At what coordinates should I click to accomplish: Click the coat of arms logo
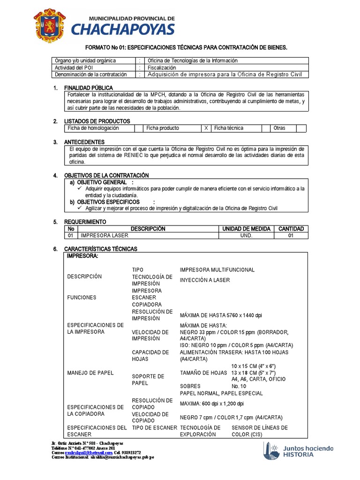click(x=50, y=26)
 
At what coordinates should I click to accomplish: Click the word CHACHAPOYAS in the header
click(x=122, y=30)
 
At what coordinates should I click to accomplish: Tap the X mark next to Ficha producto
click(x=206, y=128)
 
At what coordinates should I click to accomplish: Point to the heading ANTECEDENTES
click(x=84, y=142)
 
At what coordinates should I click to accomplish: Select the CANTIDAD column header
click(x=291, y=229)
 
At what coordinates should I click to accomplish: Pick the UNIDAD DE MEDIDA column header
click(x=246, y=229)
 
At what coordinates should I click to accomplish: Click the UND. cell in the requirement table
click(x=246, y=235)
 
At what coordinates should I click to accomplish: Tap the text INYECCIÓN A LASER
click(x=205, y=280)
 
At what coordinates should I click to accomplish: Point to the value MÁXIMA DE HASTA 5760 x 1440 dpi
click(x=221, y=315)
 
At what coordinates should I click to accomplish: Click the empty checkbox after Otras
click(x=301, y=128)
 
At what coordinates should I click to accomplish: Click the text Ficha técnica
click(x=229, y=128)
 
